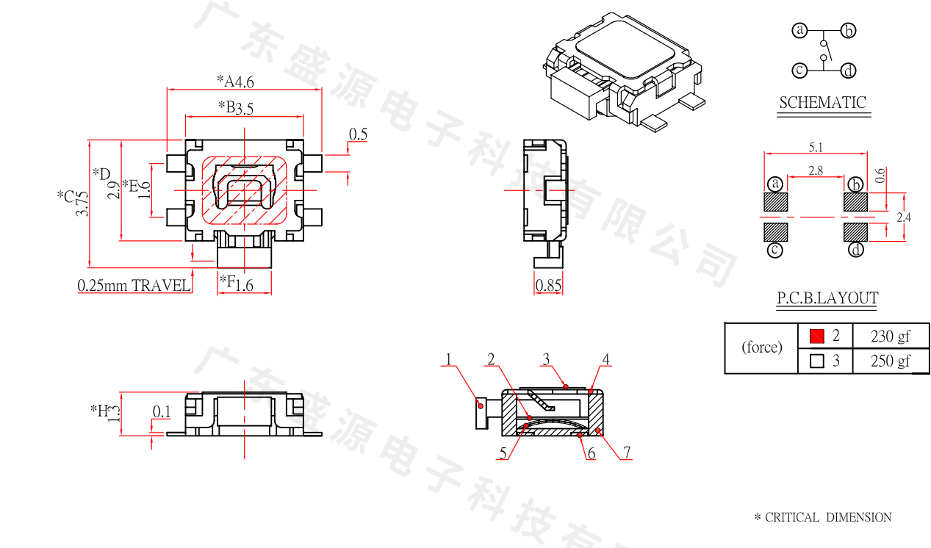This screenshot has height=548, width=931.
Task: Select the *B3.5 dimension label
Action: click(237, 108)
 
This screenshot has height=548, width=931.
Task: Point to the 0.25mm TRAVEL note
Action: click(134, 286)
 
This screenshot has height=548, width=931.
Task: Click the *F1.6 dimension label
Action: click(237, 282)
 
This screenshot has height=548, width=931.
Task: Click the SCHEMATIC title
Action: click(822, 103)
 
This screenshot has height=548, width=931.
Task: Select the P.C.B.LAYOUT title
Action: click(827, 298)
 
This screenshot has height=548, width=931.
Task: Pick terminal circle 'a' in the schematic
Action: click(799, 30)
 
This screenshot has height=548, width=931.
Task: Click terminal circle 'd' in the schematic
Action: click(849, 71)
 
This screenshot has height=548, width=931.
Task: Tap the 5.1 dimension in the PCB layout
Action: click(816, 148)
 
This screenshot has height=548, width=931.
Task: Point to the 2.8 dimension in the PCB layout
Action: click(815, 170)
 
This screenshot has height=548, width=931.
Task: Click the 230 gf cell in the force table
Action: click(890, 336)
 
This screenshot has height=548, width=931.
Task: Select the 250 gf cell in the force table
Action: click(890, 361)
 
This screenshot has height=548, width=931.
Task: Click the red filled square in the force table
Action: click(816, 336)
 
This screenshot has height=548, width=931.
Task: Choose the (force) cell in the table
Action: click(761, 347)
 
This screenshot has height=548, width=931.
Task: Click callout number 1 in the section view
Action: click(448, 360)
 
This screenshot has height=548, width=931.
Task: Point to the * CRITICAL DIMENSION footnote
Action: click(822, 517)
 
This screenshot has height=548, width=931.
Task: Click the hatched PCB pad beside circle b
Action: click(855, 201)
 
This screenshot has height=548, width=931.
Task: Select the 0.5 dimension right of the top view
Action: click(358, 134)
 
